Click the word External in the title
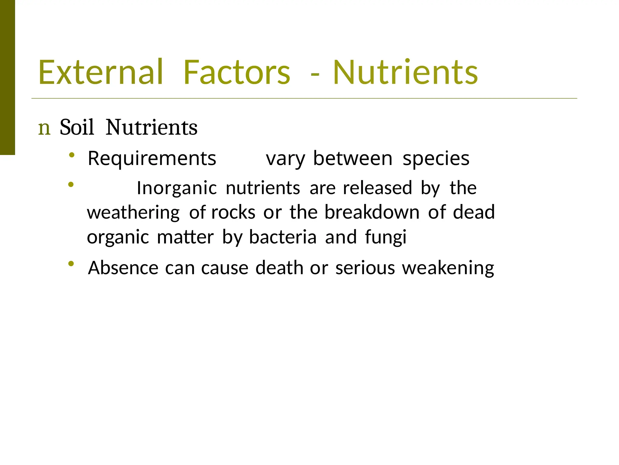point(100,72)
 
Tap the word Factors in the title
point(237,72)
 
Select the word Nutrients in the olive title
point(405,72)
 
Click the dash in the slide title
point(315,74)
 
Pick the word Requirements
point(152,158)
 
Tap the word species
point(436,159)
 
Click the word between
point(353,158)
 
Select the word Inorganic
point(177,188)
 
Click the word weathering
point(133,213)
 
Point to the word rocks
point(233,212)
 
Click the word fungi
point(386,237)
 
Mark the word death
point(279,268)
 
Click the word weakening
point(448,269)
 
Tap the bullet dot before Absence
point(71,264)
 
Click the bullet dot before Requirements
point(72,155)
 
